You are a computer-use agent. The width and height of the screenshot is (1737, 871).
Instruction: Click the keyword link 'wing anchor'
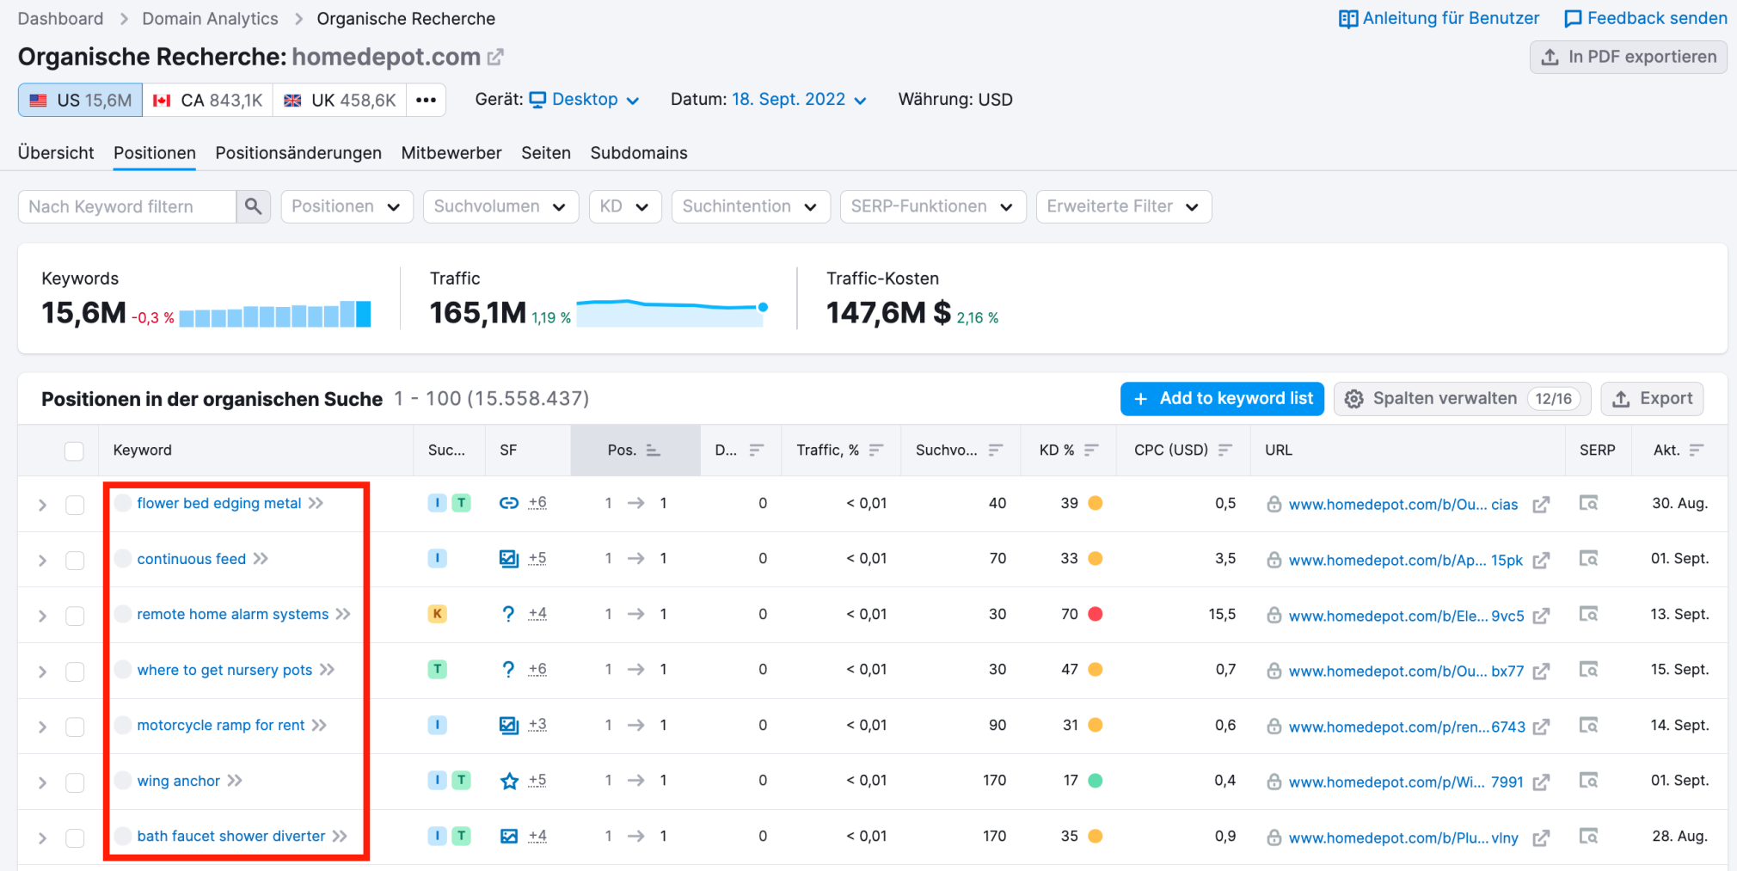click(178, 781)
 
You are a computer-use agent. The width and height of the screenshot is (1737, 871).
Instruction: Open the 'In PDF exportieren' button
click(1628, 57)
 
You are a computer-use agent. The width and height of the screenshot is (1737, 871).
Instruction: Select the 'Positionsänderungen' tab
click(298, 153)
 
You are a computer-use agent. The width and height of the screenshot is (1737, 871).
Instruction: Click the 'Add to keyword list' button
click(1222, 399)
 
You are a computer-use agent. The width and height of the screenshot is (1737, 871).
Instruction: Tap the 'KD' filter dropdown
click(624, 206)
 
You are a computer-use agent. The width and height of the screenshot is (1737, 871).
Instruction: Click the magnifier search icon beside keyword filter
click(253, 206)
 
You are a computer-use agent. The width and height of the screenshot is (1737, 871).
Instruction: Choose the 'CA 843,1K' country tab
click(208, 101)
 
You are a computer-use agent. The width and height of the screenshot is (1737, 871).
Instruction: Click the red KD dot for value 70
click(1096, 614)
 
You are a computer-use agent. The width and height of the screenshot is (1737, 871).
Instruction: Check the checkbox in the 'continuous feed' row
click(75, 560)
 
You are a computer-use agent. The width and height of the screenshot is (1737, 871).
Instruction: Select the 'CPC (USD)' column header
click(1170, 450)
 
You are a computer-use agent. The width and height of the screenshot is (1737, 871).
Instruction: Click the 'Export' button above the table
click(1652, 399)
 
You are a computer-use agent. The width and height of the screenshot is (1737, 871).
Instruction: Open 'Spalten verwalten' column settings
click(1444, 399)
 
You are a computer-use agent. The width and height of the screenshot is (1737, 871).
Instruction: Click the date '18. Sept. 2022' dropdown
click(799, 100)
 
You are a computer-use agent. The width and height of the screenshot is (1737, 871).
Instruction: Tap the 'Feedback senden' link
click(1645, 18)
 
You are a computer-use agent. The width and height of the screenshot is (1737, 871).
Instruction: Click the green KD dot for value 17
click(1096, 781)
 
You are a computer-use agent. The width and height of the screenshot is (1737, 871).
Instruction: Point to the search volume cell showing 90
click(997, 725)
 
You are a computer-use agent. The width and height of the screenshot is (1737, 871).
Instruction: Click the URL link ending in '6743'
click(1406, 727)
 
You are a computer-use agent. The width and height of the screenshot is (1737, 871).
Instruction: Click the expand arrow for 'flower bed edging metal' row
click(42, 505)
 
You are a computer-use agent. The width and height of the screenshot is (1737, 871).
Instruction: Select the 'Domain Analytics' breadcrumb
click(210, 18)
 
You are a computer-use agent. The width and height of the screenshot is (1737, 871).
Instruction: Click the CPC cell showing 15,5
click(1221, 614)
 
